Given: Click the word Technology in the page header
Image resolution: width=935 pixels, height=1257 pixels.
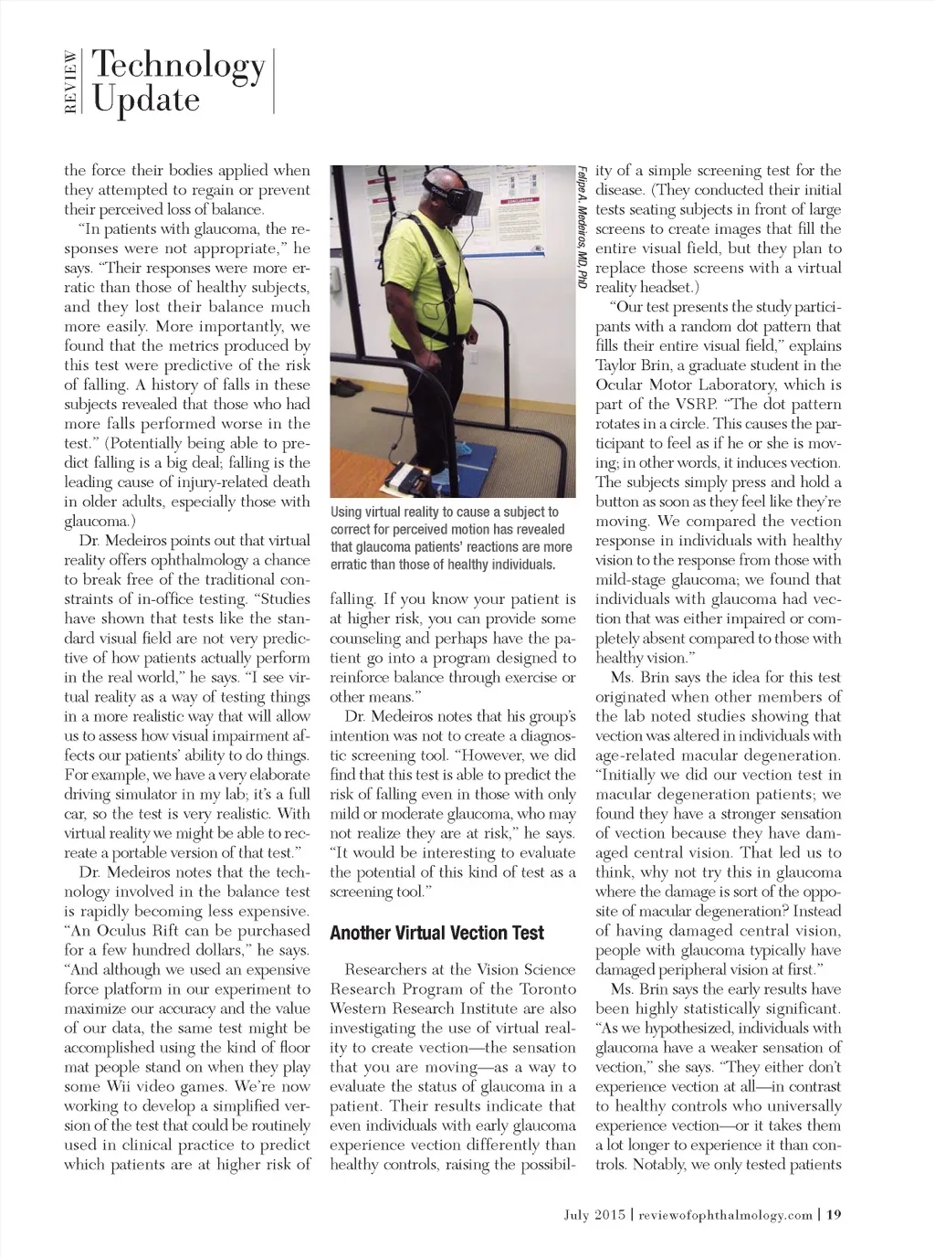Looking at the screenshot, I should pos(179,66).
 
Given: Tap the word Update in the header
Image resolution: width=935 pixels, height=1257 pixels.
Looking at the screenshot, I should pos(146,99).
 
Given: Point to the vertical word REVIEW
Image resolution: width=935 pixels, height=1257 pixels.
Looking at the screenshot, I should pos(71,82).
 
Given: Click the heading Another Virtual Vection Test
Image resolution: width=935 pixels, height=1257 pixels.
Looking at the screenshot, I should pos(436,933).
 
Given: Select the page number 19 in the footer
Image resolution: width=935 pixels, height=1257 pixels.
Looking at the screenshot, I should pos(833,1214).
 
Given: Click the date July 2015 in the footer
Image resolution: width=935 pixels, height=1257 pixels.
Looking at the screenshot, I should pos(594,1214).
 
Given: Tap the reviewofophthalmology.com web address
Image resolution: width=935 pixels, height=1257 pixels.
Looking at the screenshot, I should pos(725,1214).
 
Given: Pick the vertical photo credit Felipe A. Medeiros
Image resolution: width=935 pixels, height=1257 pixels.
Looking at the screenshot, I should pos(582,228).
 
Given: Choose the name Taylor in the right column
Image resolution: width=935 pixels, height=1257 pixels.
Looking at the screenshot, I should pos(617,365).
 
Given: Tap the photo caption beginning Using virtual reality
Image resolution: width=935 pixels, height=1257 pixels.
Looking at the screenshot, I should pos(450,538).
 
